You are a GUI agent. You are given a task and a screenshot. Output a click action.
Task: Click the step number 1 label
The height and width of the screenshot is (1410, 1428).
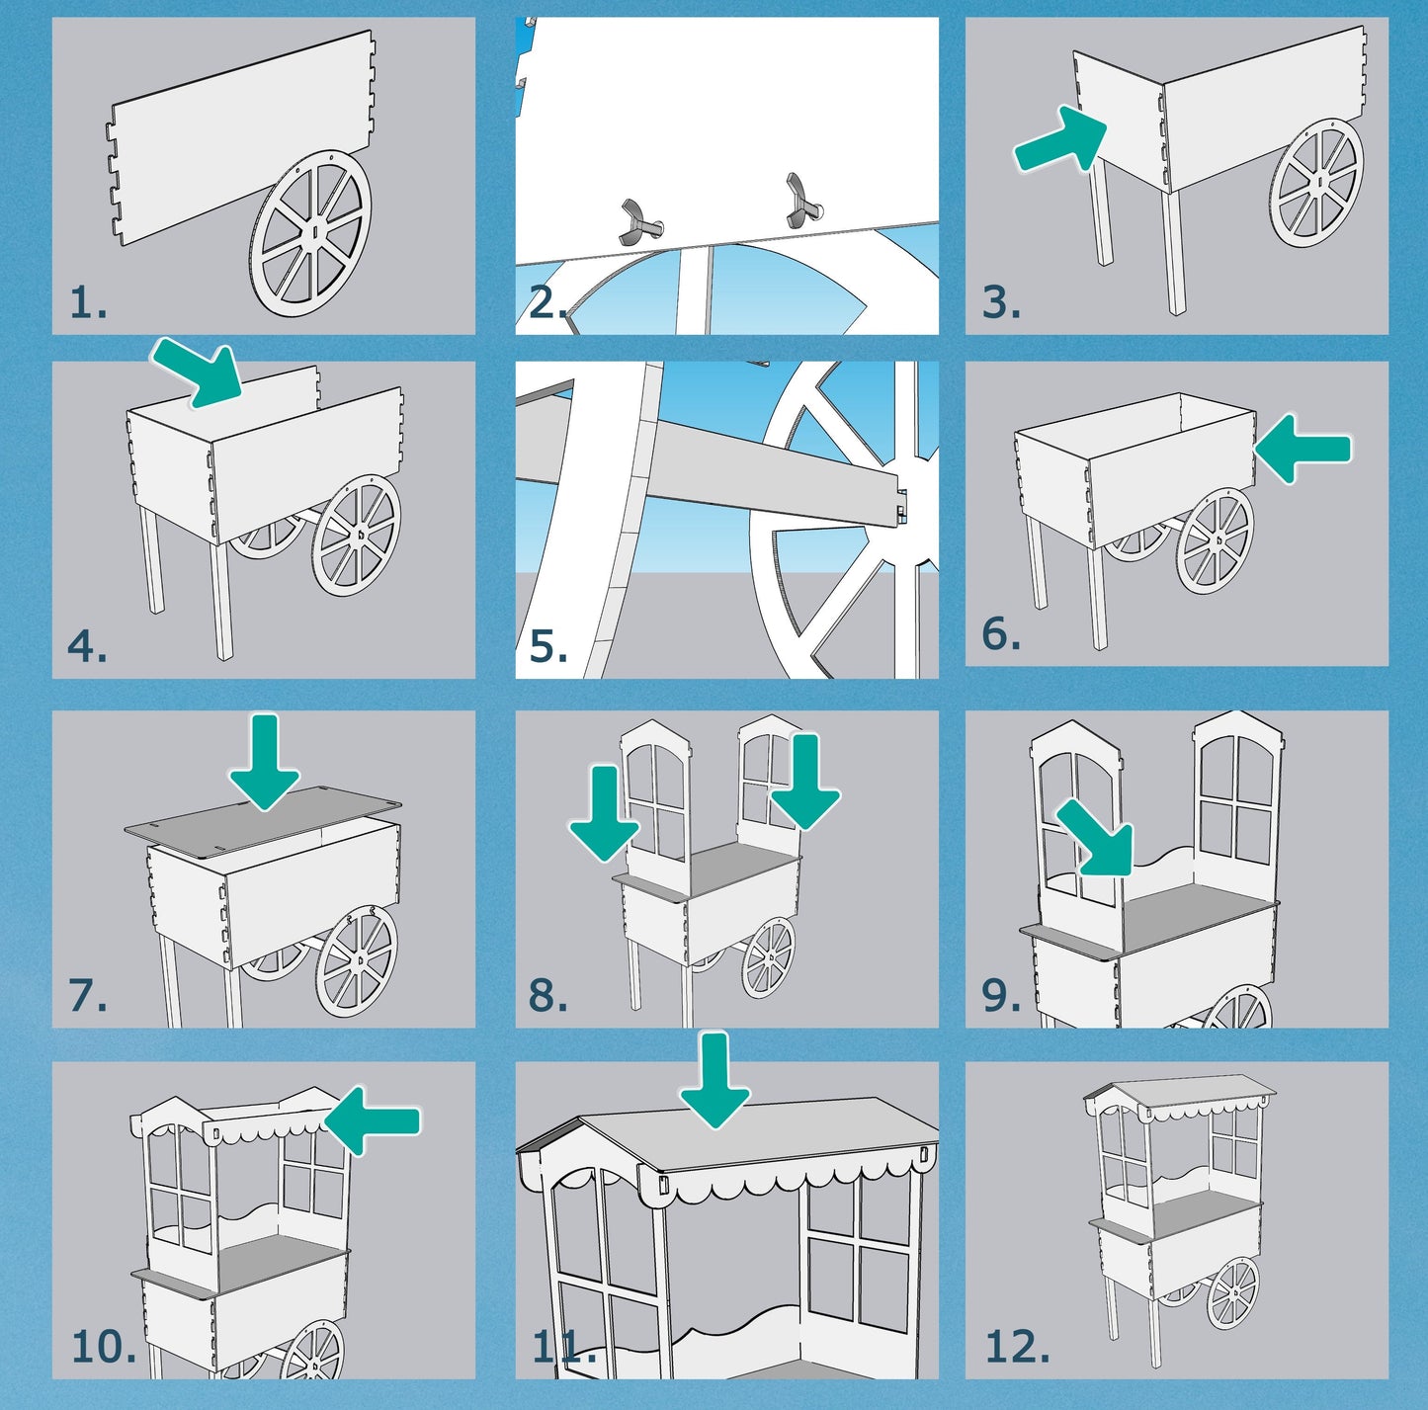(88, 302)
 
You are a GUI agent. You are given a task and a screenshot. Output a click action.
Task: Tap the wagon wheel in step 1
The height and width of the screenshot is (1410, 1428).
(311, 233)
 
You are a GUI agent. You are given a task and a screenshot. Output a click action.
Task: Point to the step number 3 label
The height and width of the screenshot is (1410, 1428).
(1000, 302)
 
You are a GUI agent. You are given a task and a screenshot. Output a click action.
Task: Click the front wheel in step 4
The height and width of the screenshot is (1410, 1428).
(356, 535)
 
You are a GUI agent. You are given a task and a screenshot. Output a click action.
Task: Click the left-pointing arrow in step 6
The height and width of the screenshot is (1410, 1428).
(1302, 449)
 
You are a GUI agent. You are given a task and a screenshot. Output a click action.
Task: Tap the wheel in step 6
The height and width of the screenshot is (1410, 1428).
(1216, 540)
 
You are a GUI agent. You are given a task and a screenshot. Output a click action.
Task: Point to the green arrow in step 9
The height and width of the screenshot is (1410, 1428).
(1096, 839)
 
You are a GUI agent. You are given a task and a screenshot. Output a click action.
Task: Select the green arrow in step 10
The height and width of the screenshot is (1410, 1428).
(373, 1120)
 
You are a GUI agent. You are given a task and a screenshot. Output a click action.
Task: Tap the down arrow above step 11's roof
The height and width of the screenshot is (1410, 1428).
(714, 1079)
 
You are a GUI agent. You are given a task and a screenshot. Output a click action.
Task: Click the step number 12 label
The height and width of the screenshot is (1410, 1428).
(1017, 1347)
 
